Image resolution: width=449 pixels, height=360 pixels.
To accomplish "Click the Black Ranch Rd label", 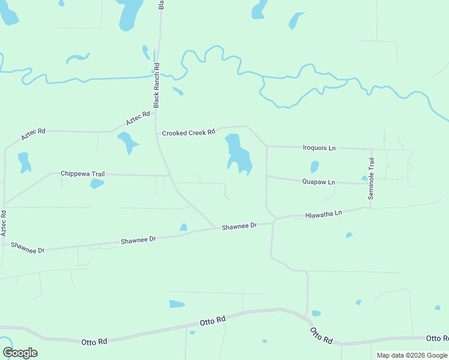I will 156,85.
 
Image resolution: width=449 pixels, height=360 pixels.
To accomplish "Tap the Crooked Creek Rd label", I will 188,133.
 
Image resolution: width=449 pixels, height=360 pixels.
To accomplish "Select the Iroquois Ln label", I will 319,147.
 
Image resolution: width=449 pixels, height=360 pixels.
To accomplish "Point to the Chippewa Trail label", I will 83,174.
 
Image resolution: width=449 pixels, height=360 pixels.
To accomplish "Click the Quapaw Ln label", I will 319,182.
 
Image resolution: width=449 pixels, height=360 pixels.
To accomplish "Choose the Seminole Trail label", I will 371,179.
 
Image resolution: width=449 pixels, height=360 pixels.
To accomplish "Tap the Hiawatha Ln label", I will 323,214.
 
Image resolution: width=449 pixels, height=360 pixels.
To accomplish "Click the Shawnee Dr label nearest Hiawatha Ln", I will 239,226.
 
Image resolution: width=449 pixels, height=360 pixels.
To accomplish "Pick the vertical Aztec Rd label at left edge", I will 4,222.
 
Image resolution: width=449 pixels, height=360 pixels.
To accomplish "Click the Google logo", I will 20,353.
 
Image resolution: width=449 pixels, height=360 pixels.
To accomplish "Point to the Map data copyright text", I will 412,355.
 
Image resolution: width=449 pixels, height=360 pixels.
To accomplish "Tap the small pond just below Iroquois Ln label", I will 314,166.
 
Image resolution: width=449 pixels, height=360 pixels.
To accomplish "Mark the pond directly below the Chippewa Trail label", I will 97,184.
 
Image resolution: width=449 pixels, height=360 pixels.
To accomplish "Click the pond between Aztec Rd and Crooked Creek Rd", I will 127,142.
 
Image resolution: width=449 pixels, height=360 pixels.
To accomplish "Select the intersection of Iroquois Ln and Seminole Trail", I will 371,148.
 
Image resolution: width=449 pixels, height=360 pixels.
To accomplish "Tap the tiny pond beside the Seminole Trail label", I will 364,178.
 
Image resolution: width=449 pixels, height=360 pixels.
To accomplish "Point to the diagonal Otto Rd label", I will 321,335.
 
